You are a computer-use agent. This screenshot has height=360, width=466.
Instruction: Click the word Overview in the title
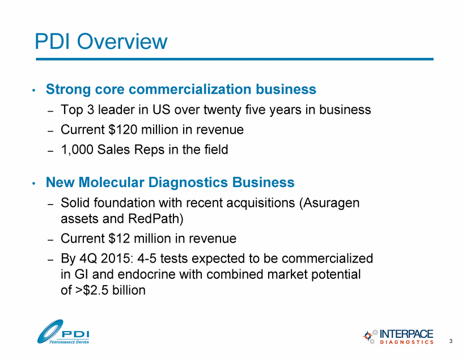click(x=122, y=41)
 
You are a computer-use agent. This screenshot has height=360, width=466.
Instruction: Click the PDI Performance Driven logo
click(x=63, y=332)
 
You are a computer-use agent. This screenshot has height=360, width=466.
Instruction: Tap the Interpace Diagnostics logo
click(x=398, y=337)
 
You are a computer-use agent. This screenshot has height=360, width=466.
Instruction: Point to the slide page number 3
click(x=451, y=341)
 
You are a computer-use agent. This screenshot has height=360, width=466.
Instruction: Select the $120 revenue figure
click(x=123, y=130)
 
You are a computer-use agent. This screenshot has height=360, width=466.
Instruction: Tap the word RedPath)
click(x=156, y=219)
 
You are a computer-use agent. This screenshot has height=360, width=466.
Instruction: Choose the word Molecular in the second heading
click(x=112, y=182)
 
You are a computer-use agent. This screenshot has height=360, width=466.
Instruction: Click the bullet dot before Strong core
click(x=34, y=90)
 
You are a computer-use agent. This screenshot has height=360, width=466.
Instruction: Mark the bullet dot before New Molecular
click(x=34, y=183)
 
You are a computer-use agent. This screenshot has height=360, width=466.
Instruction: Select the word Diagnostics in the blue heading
click(x=188, y=182)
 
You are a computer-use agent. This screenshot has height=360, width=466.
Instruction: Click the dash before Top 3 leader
click(x=50, y=111)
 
